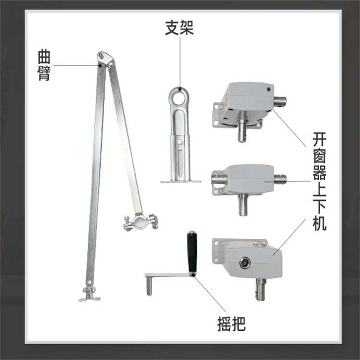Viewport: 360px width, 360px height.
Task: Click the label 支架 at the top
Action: (x=180, y=28)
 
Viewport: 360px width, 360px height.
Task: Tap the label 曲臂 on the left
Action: (x=44, y=65)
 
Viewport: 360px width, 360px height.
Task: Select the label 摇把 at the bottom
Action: (x=231, y=324)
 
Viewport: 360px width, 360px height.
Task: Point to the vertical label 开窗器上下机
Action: (x=319, y=181)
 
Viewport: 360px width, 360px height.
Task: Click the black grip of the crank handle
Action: (x=192, y=252)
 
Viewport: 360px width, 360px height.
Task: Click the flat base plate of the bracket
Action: (x=181, y=181)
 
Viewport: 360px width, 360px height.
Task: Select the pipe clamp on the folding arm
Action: (x=141, y=222)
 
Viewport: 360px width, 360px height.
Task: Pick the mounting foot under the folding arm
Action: (x=90, y=295)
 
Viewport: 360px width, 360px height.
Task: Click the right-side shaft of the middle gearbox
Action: (x=280, y=179)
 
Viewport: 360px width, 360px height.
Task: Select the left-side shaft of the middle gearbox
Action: (x=219, y=179)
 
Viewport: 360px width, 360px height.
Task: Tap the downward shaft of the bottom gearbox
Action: (x=261, y=289)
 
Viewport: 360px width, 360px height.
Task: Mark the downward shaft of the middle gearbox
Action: (x=243, y=205)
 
